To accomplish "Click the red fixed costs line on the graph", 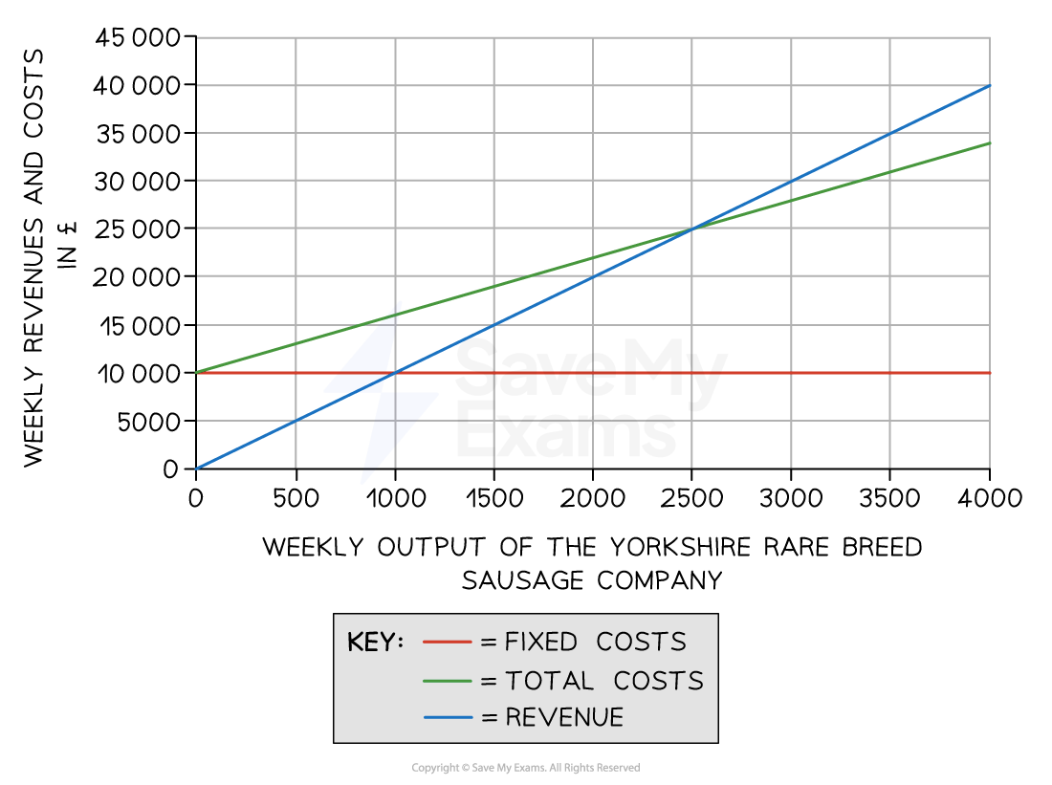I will pyautogui.click(x=593, y=372).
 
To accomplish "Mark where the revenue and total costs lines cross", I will pyautogui.click(x=691, y=229).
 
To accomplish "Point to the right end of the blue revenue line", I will pyautogui.click(x=989, y=86).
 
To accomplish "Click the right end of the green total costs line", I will pyautogui.click(x=989, y=143).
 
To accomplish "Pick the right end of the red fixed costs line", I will pyautogui.click(x=989, y=372).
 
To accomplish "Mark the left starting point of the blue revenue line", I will pyautogui.click(x=197, y=468).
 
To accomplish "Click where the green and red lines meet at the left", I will pyautogui.click(x=197, y=372).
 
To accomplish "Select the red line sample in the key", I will pyautogui.click(x=447, y=643).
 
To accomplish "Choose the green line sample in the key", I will pyautogui.click(x=447, y=681).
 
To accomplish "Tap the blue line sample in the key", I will pyautogui.click(x=447, y=717).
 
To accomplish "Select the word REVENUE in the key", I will pyautogui.click(x=564, y=717).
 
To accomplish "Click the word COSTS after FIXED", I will pyautogui.click(x=641, y=643).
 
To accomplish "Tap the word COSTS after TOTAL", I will pyautogui.click(x=658, y=681).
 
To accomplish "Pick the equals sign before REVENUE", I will pyautogui.click(x=490, y=717).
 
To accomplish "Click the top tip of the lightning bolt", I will pyautogui.click(x=400, y=302).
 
